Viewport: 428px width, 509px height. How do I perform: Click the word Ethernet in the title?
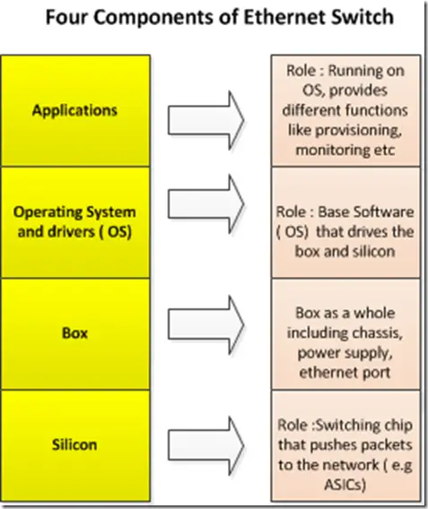284,17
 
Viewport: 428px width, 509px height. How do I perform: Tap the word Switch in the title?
362,17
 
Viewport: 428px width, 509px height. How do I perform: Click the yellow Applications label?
74,111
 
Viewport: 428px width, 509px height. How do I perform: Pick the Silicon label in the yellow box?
74,444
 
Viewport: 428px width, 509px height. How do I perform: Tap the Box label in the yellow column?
74,333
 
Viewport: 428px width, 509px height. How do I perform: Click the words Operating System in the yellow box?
74,212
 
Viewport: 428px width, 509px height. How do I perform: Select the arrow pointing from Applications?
205,120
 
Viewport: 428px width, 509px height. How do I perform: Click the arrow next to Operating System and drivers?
205,204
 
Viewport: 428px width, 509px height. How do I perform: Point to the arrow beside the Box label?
205,325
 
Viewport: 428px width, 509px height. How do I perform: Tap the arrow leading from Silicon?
205,446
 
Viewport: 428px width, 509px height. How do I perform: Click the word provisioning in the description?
358,131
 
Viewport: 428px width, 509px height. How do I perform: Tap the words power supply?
345,353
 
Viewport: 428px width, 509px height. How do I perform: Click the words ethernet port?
345,373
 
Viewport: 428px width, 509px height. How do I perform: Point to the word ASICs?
345,485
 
